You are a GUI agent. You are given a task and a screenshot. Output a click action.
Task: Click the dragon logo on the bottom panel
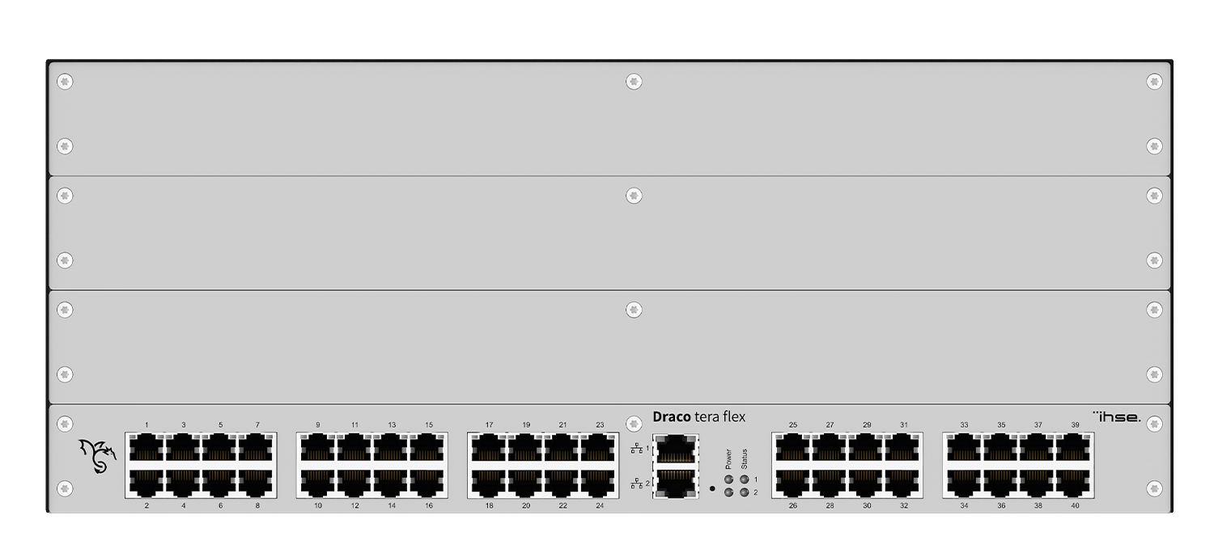coord(97,457)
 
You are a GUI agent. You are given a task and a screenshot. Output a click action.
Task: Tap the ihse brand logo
coord(1117,416)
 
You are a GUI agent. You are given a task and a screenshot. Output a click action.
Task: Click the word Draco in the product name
coord(672,417)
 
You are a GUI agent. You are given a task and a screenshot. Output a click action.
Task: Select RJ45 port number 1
coord(146,446)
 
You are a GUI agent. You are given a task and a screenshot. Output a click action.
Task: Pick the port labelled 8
coord(257,483)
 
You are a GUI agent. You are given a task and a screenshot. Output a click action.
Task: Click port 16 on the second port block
coord(429,483)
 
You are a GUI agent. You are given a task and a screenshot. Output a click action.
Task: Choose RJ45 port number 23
coord(600,446)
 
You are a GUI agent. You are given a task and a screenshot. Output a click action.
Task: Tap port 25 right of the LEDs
coord(792,446)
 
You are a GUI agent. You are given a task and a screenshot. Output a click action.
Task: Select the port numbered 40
coord(1075,483)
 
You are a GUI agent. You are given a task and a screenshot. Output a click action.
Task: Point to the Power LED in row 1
coord(728,479)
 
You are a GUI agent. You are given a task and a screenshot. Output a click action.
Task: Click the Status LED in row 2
coord(744,492)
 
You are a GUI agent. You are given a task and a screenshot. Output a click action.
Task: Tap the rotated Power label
coord(728,458)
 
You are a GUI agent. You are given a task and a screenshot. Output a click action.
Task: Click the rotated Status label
coord(744,458)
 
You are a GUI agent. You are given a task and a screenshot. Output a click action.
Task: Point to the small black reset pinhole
coord(712,488)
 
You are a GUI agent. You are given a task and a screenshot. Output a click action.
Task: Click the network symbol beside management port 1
coord(637,448)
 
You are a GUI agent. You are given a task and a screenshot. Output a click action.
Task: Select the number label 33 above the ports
coord(964,425)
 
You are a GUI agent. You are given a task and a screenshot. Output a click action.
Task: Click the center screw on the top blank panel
coord(634,82)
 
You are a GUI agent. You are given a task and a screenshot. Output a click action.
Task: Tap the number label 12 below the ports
coord(354,506)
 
